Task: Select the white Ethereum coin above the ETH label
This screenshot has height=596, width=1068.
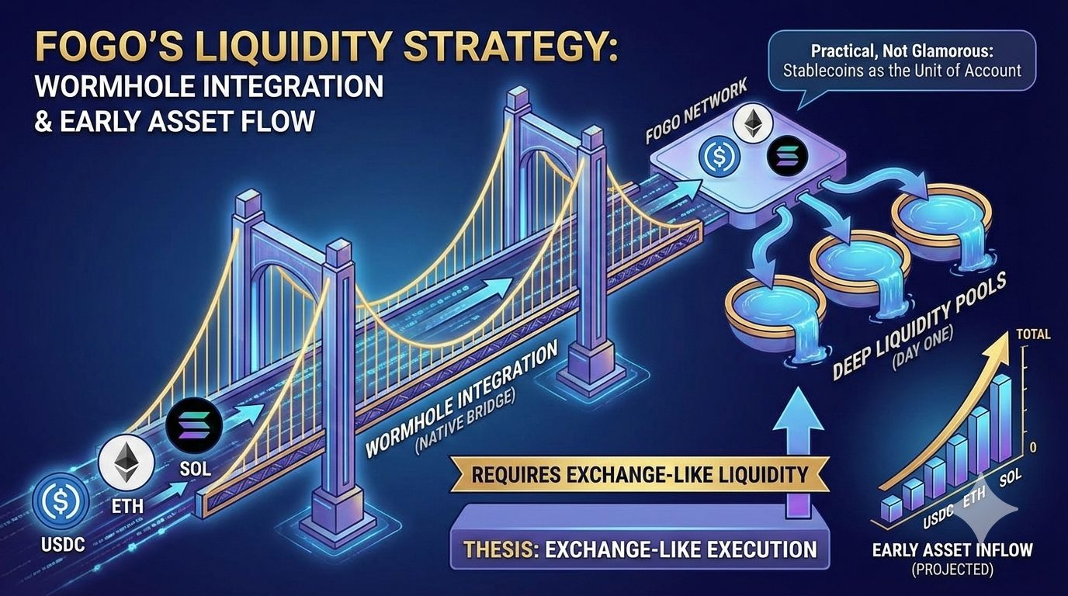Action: [127, 462]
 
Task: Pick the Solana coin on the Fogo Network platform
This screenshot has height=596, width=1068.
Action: [787, 157]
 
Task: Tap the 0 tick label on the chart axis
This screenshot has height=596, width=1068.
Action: [1033, 447]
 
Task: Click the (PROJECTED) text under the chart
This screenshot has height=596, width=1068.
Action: [952, 570]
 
